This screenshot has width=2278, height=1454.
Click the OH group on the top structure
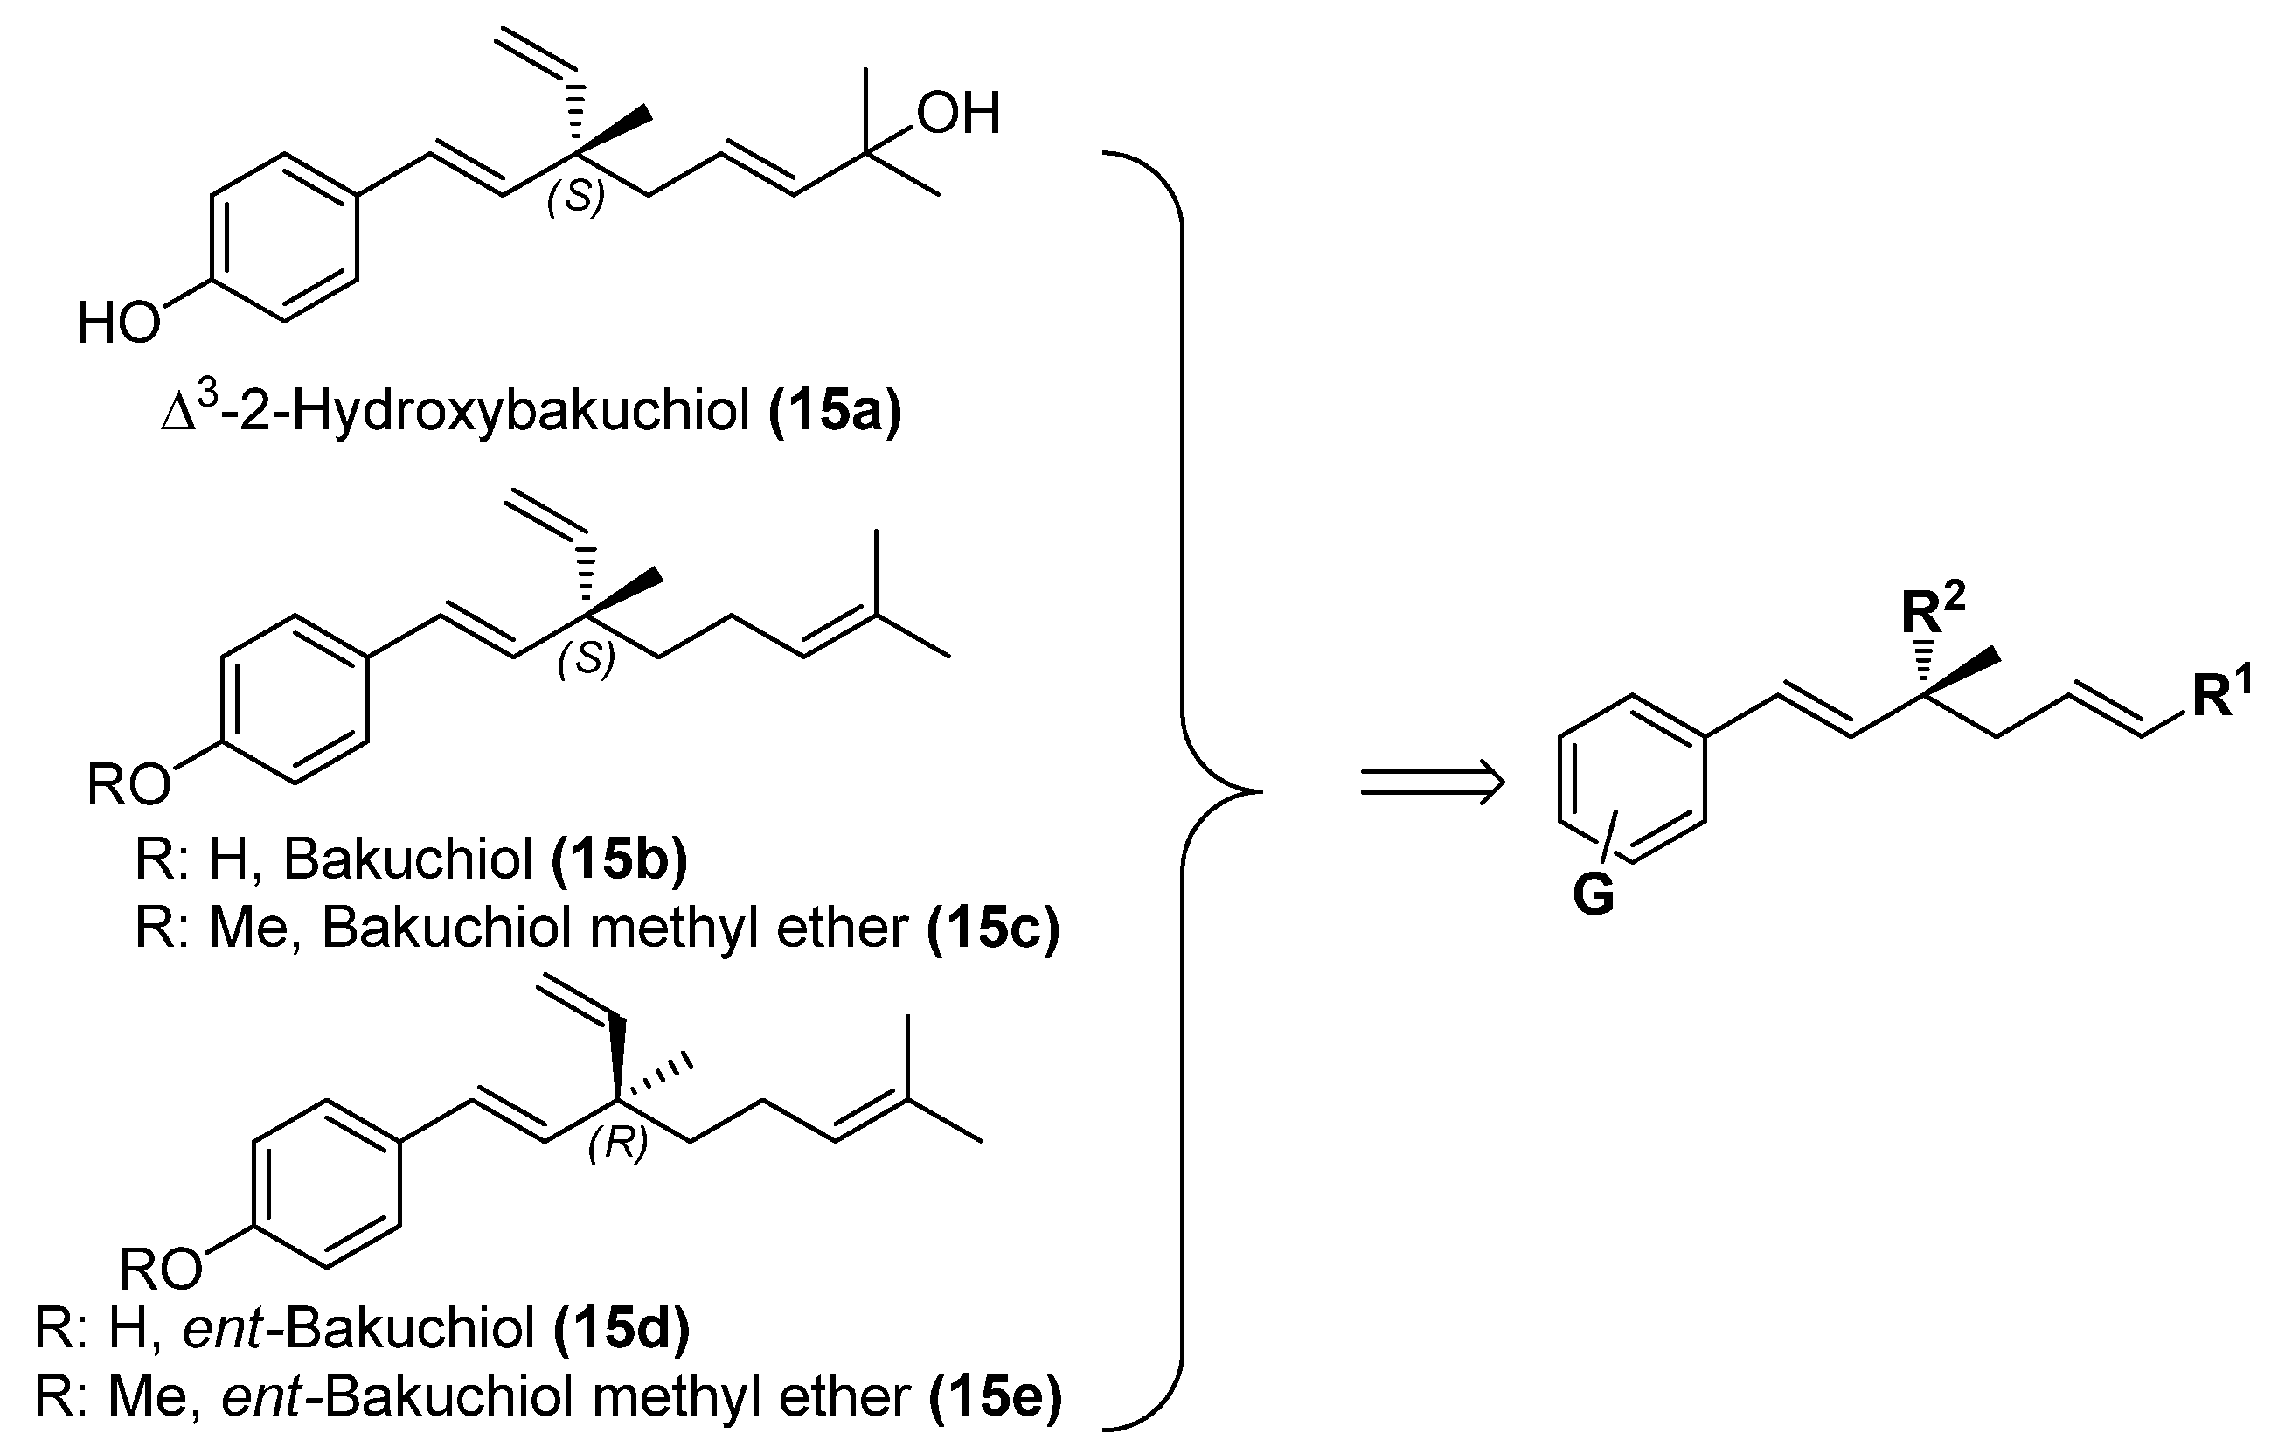click(957, 115)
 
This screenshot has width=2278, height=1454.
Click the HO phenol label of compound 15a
click(118, 323)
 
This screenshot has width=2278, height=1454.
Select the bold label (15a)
click(836, 413)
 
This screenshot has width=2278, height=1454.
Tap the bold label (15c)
click(993, 928)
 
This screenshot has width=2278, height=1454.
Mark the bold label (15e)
click(997, 1397)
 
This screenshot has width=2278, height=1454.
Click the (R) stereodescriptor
click(618, 1144)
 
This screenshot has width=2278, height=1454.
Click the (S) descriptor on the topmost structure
click(575, 198)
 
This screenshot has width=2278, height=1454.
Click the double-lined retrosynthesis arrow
click(1431, 783)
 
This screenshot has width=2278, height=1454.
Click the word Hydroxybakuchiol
click(520, 413)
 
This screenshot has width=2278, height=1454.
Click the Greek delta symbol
click(177, 416)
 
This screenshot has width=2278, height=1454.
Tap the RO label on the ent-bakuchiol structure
click(160, 1269)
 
